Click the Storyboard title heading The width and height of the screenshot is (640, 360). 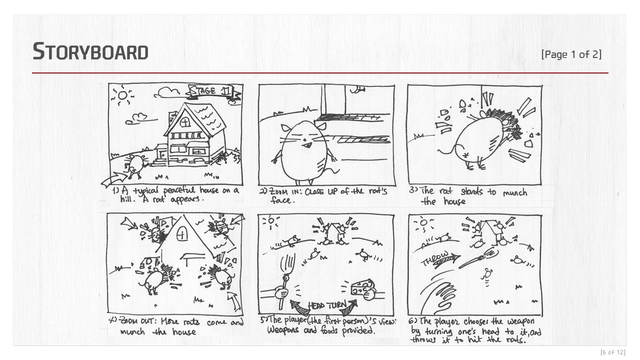point(90,51)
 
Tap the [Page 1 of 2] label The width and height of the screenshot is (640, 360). point(571,54)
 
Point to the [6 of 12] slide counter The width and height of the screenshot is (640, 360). point(613,352)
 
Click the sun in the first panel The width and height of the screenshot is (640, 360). point(122,95)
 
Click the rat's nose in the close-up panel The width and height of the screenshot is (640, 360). point(305,139)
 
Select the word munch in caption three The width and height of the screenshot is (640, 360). point(515,193)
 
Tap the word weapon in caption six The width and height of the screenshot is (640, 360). point(521,321)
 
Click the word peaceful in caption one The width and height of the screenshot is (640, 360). point(179,190)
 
